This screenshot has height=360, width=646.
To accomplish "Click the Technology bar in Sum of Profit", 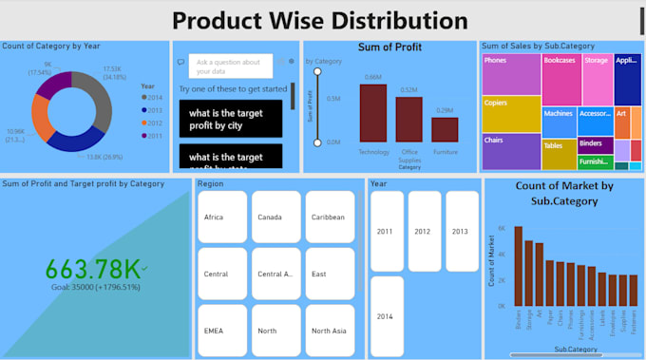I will pyautogui.click(x=373, y=113).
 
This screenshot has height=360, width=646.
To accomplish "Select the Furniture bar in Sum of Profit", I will pyautogui.click(x=445, y=129).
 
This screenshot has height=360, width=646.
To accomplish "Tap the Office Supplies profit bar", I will pyautogui.click(x=408, y=120).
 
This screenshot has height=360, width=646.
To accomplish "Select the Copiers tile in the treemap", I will pyautogui.click(x=511, y=113).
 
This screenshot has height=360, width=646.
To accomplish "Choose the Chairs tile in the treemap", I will pyautogui.click(x=511, y=151).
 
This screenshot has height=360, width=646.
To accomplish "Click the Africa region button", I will pyautogui.click(x=222, y=218).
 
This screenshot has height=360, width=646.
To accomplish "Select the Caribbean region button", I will pyautogui.click(x=329, y=218).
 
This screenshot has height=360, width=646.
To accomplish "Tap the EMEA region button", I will pyautogui.click(x=222, y=331).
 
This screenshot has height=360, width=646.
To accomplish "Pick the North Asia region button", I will pyautogui.click(x=329, y=331).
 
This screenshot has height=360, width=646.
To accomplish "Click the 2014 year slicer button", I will pyautogui.click(x=386, y=315).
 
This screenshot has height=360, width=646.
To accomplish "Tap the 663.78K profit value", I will pyautogui.click(x=92, y=269).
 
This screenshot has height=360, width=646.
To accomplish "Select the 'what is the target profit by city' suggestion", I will pyautogui.click(x=231, y=117).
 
